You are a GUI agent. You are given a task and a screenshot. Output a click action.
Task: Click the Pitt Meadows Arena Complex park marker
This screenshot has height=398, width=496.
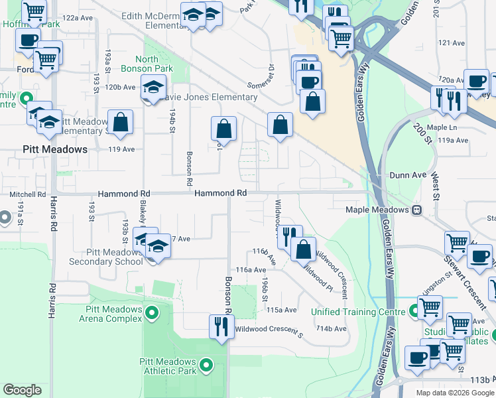(152, 312)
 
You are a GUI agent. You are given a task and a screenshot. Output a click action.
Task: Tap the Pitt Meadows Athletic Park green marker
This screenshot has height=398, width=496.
(206, 364)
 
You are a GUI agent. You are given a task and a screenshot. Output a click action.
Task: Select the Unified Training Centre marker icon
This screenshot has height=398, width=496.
(414, 310)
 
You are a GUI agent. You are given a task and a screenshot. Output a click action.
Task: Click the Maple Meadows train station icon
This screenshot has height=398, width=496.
(417, 210)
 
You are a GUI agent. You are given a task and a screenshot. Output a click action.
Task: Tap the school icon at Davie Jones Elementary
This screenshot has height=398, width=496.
(152, 87)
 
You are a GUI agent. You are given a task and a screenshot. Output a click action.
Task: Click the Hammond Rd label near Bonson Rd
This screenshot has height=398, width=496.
(220, 193)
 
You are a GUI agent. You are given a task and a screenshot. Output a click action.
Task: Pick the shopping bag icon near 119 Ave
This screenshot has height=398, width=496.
(120, 122)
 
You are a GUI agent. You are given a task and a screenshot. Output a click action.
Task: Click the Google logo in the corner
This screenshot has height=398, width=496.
(23, 389)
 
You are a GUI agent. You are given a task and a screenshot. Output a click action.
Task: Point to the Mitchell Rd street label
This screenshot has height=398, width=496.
(27, 195)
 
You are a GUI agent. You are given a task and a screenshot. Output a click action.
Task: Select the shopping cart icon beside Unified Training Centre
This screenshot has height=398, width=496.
(430, 308)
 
